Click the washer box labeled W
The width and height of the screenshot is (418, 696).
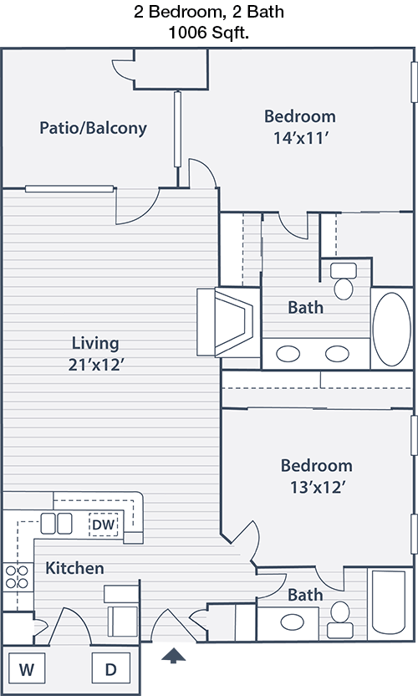26,668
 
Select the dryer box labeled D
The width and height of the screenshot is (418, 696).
111,668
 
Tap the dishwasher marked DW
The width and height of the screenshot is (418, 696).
104,525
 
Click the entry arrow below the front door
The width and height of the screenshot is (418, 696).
173,655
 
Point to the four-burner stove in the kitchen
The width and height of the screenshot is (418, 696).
17,576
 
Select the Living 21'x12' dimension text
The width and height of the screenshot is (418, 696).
95,354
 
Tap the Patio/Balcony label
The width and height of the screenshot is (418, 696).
93,128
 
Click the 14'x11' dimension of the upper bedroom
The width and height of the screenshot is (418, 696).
300,138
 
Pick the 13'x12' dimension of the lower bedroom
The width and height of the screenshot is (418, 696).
318,488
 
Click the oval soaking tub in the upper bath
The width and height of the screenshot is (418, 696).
391,329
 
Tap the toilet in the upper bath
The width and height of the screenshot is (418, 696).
344,281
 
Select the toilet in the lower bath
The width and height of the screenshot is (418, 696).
340,620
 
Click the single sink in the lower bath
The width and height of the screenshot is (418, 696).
293,622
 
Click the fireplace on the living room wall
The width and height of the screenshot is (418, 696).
227,322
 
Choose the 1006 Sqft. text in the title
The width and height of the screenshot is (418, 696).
208,33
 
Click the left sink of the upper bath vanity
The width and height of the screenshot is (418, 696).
288,354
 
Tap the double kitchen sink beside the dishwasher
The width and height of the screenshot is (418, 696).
56,524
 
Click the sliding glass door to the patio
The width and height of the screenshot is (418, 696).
69,189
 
